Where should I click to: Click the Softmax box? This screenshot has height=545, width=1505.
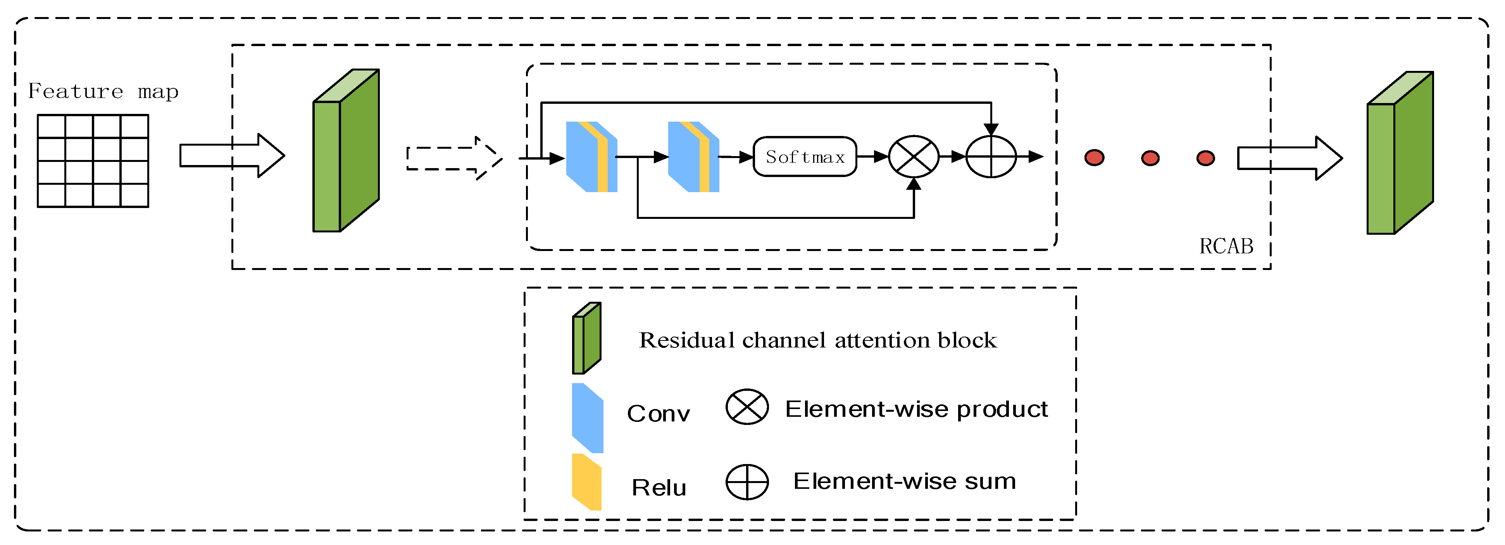coord(805,156)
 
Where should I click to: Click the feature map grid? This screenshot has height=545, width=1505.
coord(93,161)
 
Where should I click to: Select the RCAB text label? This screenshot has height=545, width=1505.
coord(1226,246)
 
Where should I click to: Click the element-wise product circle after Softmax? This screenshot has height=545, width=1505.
coord(913,156)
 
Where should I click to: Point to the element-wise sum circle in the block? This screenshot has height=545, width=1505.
coord(991,156)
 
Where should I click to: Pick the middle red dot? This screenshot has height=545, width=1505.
coord(1150,158)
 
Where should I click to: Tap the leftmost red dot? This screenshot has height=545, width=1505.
coord(1094,158)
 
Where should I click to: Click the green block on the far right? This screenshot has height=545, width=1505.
coord(1399,153)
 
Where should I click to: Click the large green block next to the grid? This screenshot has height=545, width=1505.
coord(346,151)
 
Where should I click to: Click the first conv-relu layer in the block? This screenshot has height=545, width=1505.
coord(591,156)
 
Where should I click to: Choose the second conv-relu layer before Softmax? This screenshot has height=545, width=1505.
coord(693,156)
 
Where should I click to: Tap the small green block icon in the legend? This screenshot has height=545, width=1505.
coord(586,338)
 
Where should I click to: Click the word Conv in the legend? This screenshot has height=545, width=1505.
coord(658,414)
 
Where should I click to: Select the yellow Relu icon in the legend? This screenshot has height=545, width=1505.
coord(586,482)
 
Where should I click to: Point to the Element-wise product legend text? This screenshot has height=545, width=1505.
coord(915,409)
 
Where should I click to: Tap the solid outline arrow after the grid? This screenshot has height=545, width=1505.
coord(231,155)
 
